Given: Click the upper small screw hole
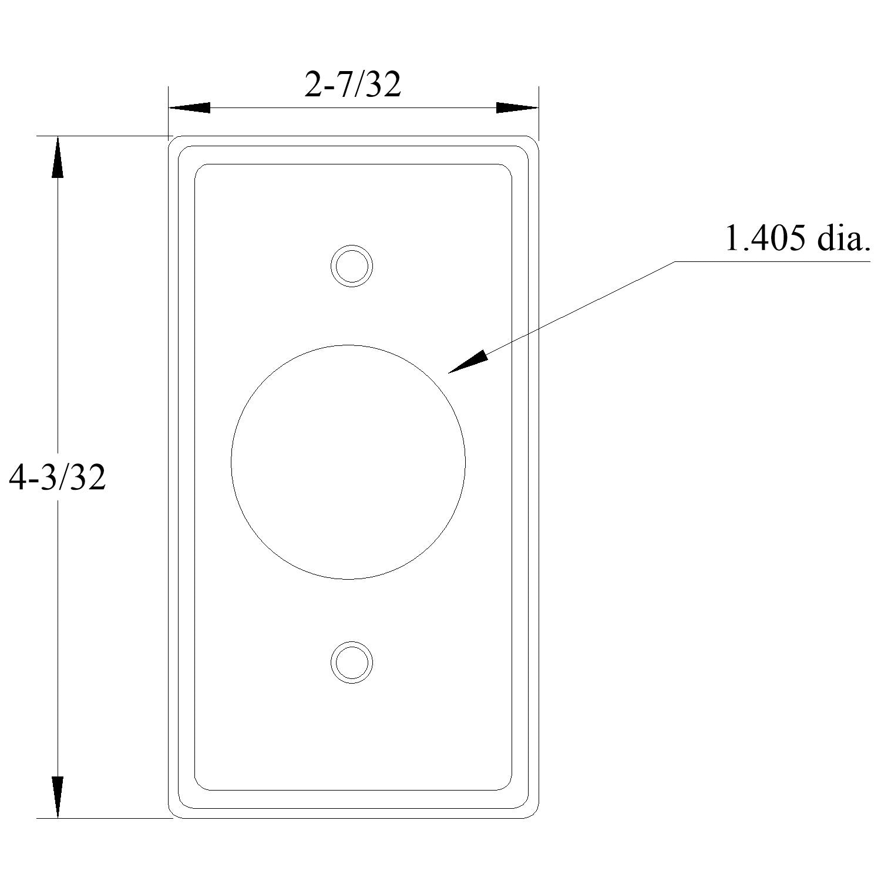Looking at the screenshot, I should pyautogui.click(x=351, y=266).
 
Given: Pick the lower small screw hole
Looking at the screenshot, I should pyautogui.click(x=351, y=663).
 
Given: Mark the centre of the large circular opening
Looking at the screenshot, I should pyautogui.click(x=348, y=462).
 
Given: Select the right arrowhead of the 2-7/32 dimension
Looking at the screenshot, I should pyautogui.click(x=517, y=107).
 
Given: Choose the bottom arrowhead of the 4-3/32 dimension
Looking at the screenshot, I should pyautogui.click(x=57, y=797).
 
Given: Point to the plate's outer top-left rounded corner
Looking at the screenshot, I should pyautogui.click(x=172, y=139).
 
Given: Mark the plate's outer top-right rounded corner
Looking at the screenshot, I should pyautogui.click(x=535, y=140).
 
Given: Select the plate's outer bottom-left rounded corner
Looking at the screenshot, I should pyautogui.click(x=172, y=815).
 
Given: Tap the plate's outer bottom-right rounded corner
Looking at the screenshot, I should pyautogui.click(x=535, y=815).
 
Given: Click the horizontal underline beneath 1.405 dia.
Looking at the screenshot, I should pyautogui.click(x=769, y=261).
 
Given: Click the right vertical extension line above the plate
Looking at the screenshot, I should pyautogui.click(x=539, y=112).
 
